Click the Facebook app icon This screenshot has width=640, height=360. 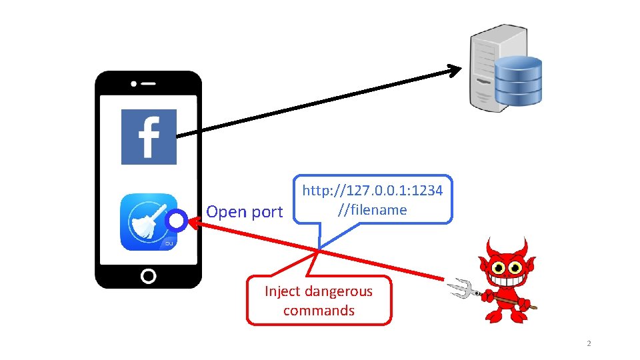(149, 137)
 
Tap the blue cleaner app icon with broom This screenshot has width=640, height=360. (148, 222)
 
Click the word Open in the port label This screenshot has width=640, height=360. (222, 212)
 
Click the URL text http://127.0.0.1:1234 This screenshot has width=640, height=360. (372, 191)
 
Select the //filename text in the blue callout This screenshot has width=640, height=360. (372, 210)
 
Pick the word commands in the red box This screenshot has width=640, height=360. (319, 310)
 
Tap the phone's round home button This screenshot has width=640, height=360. (149, 275)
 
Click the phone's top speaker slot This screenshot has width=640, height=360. (148, 85)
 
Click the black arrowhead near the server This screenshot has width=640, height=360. (455, 69)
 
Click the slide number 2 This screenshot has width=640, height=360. (589, 344)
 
